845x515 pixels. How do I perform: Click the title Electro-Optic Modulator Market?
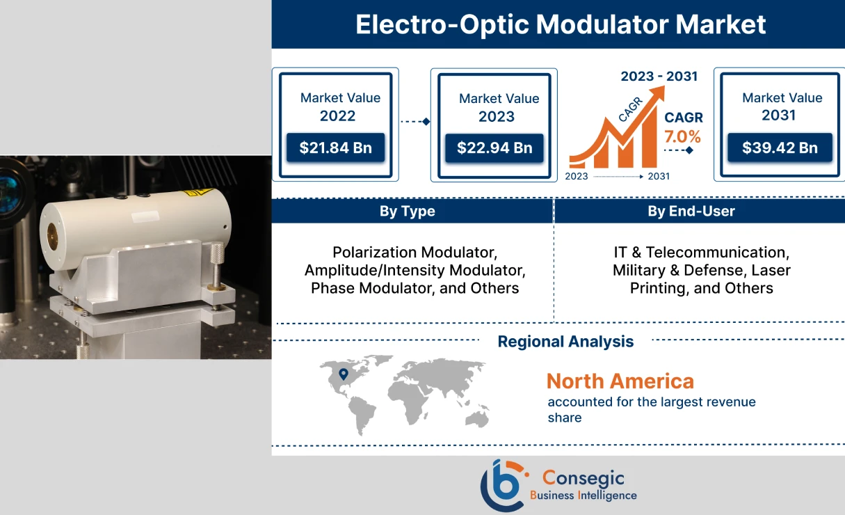(x=561, y=24)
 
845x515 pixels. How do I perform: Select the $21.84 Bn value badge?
(x=335, y=148)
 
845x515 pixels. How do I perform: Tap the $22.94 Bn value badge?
(x=494, y=148)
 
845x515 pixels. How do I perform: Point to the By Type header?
(x=408, y=212)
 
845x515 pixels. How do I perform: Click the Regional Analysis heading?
(x=565, y=342)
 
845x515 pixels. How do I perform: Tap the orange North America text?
(x=620, y=381)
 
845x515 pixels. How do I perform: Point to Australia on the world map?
(x=476, y=418)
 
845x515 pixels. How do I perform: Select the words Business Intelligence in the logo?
(x=583, y=496)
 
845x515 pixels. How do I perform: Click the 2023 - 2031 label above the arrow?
(x=659, y=76)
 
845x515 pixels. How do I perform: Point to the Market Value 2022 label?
(x=339, y=106)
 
